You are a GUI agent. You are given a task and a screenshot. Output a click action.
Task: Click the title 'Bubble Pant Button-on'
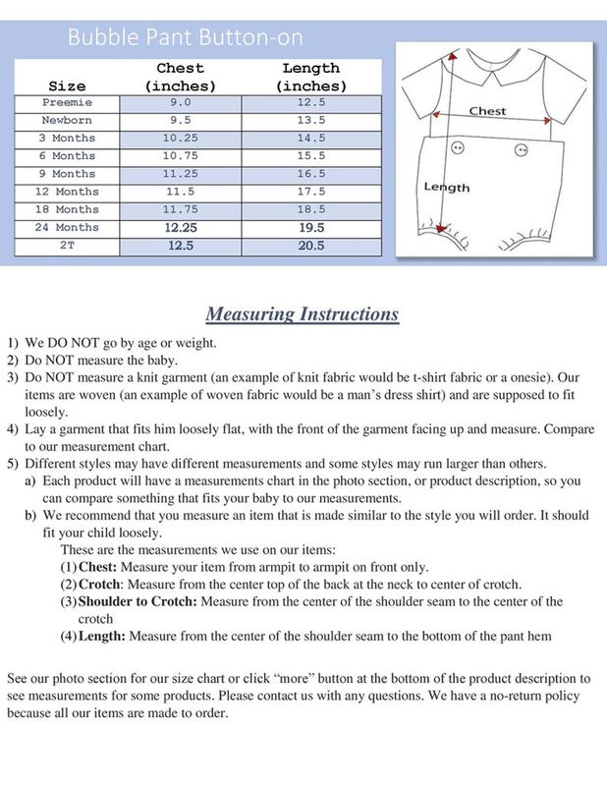[186, 38]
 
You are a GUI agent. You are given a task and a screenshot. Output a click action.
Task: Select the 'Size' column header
[66, 86]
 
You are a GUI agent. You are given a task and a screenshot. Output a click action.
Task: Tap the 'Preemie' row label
[67, 102]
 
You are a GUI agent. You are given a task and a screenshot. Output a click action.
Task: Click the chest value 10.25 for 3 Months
[180, 139]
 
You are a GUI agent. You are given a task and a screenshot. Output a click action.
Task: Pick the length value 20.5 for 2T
[310, 246]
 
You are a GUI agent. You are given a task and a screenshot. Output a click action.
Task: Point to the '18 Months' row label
[67, 209]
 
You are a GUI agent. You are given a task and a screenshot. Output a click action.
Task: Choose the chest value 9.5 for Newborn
[180, 120]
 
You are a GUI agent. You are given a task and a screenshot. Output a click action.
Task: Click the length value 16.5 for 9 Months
[310, 174]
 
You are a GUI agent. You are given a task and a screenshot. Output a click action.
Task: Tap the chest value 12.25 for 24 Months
[180, 227]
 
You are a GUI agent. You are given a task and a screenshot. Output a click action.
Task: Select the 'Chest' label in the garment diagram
[487, 111]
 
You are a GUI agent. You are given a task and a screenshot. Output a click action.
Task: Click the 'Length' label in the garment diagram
[447, 187]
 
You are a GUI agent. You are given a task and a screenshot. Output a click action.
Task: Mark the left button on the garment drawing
[456, 147]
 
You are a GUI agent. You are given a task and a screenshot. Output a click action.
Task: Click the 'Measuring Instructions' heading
[303, 314]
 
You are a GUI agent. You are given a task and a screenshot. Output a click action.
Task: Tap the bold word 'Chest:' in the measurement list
[98, 567]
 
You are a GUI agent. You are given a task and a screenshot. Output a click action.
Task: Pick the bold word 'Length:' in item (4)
[102, 636]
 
